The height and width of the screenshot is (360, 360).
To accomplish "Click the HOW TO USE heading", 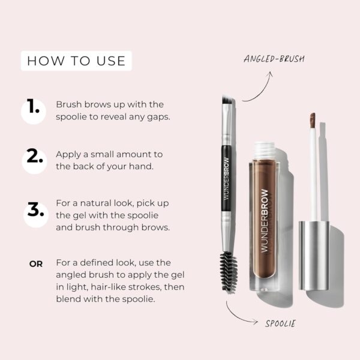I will (x=76, y=61).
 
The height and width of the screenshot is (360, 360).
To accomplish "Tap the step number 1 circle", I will (x=34, y=110).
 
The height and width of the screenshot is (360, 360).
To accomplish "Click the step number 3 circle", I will (x=34, y=211).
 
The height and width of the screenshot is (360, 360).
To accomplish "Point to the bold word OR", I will (x=36, y=263).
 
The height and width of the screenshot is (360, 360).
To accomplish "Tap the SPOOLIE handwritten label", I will (x=280, y=324).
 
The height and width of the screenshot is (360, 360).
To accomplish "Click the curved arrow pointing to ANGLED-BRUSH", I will (x=256, y=87).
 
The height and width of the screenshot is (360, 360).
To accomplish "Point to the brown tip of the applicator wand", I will (x=313, y=119).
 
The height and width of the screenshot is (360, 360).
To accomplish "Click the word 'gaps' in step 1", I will (x=160, y=116).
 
